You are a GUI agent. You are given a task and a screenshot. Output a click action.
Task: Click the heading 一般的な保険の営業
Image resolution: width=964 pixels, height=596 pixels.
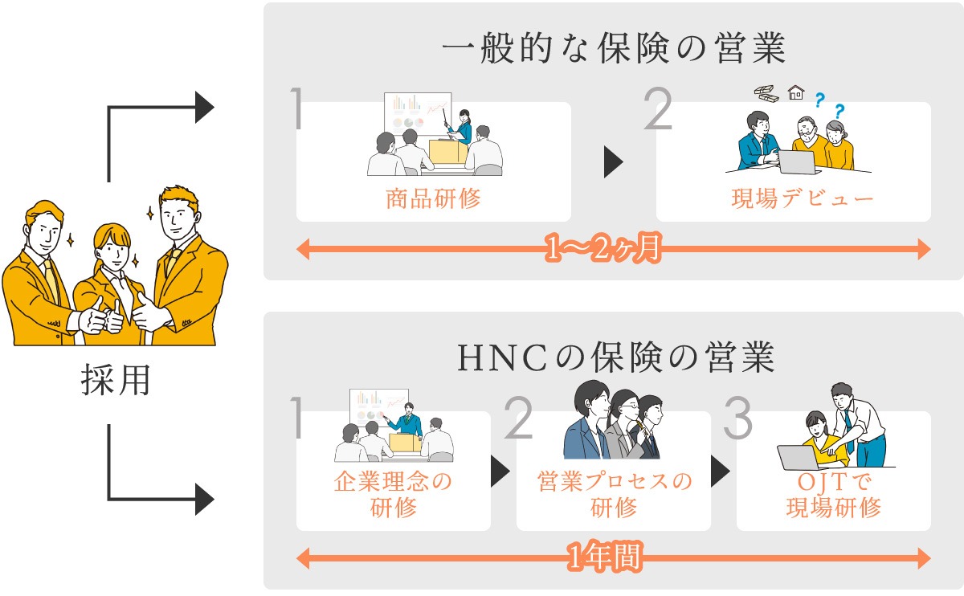(x=613, y=50)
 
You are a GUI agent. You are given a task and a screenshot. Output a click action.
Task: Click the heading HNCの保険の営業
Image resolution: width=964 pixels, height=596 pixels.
(x=616, y=358)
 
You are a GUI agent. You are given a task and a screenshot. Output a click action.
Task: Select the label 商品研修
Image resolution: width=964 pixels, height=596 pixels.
(x=433, y=198)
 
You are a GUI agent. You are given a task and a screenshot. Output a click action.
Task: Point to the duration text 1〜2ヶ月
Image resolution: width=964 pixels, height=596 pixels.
(x=602, y=250)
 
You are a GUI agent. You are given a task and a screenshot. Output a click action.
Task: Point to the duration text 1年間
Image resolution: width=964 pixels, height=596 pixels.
(x=605, y=557)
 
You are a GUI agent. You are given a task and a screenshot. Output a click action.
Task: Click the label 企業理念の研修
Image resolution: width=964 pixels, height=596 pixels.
(x=393, y=495)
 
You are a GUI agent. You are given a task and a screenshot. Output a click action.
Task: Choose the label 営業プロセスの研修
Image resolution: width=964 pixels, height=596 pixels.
(x=614, y=495)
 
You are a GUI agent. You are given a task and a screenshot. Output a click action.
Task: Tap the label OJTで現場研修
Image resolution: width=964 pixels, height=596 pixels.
(x=833, y=495)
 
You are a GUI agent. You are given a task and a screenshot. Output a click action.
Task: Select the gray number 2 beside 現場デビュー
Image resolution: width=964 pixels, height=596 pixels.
(x=657, y=110)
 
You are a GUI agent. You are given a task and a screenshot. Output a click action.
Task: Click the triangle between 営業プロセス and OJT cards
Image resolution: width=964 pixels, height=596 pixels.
(x=721, y=471)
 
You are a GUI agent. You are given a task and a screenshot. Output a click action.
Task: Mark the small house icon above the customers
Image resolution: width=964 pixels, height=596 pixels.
(x=796, y=92)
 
